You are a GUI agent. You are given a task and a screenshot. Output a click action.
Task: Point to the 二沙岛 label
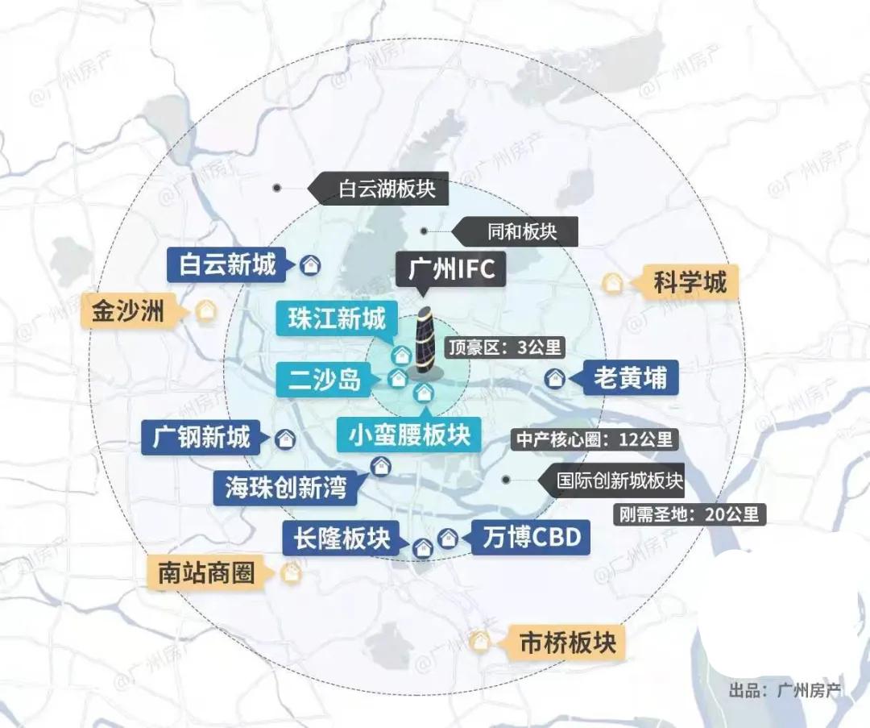325,378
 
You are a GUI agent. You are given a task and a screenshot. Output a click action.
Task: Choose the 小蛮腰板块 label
409,435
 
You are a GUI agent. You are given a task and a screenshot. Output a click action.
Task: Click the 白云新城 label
226,264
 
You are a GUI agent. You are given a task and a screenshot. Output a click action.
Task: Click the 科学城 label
690,283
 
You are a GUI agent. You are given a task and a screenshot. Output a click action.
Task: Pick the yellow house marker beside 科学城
613,284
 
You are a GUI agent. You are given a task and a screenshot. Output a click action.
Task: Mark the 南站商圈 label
206,573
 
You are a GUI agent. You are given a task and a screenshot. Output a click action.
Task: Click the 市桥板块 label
567,643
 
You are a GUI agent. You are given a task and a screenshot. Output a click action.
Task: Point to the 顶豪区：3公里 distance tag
505,347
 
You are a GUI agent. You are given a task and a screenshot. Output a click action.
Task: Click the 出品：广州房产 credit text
784,691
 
